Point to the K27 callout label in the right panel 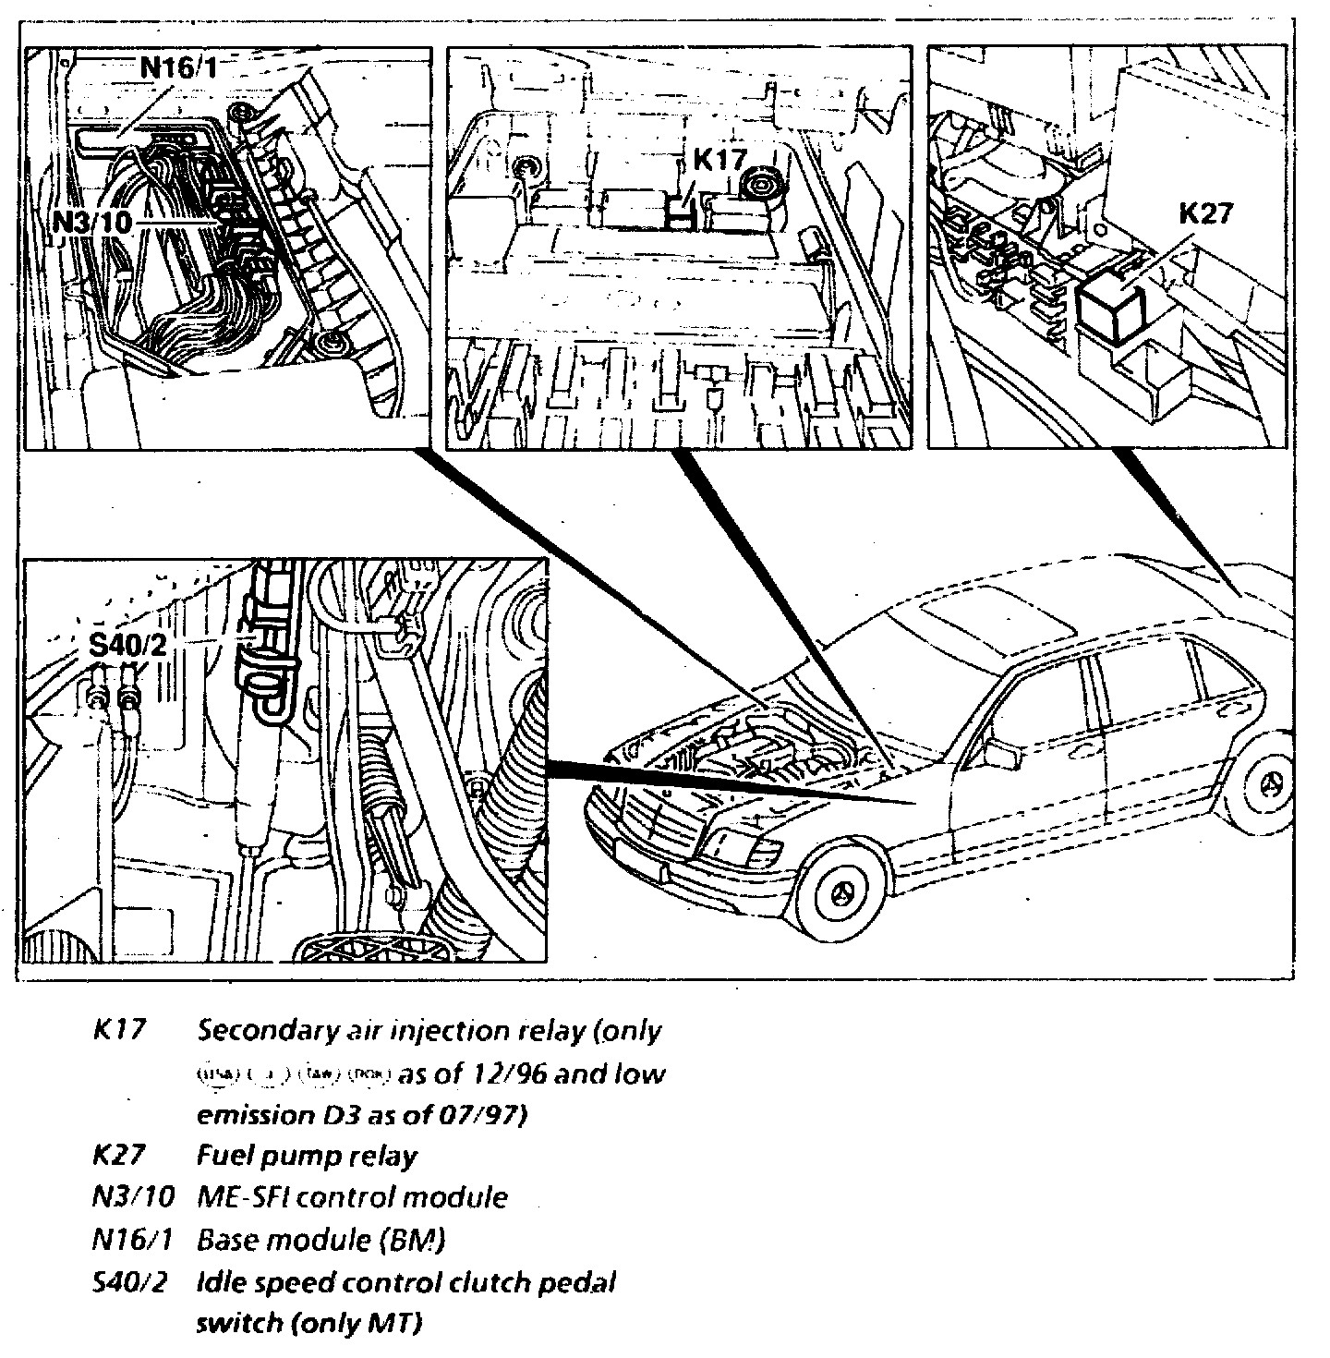(1206, 213)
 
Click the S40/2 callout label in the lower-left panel (127, 646)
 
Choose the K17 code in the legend (120, 1030)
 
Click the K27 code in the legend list (120, 1155)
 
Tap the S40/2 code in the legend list (128, 1282)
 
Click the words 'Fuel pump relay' (307, 1155)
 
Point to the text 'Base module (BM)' (320, 1239)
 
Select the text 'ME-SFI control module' (352, 1196)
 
